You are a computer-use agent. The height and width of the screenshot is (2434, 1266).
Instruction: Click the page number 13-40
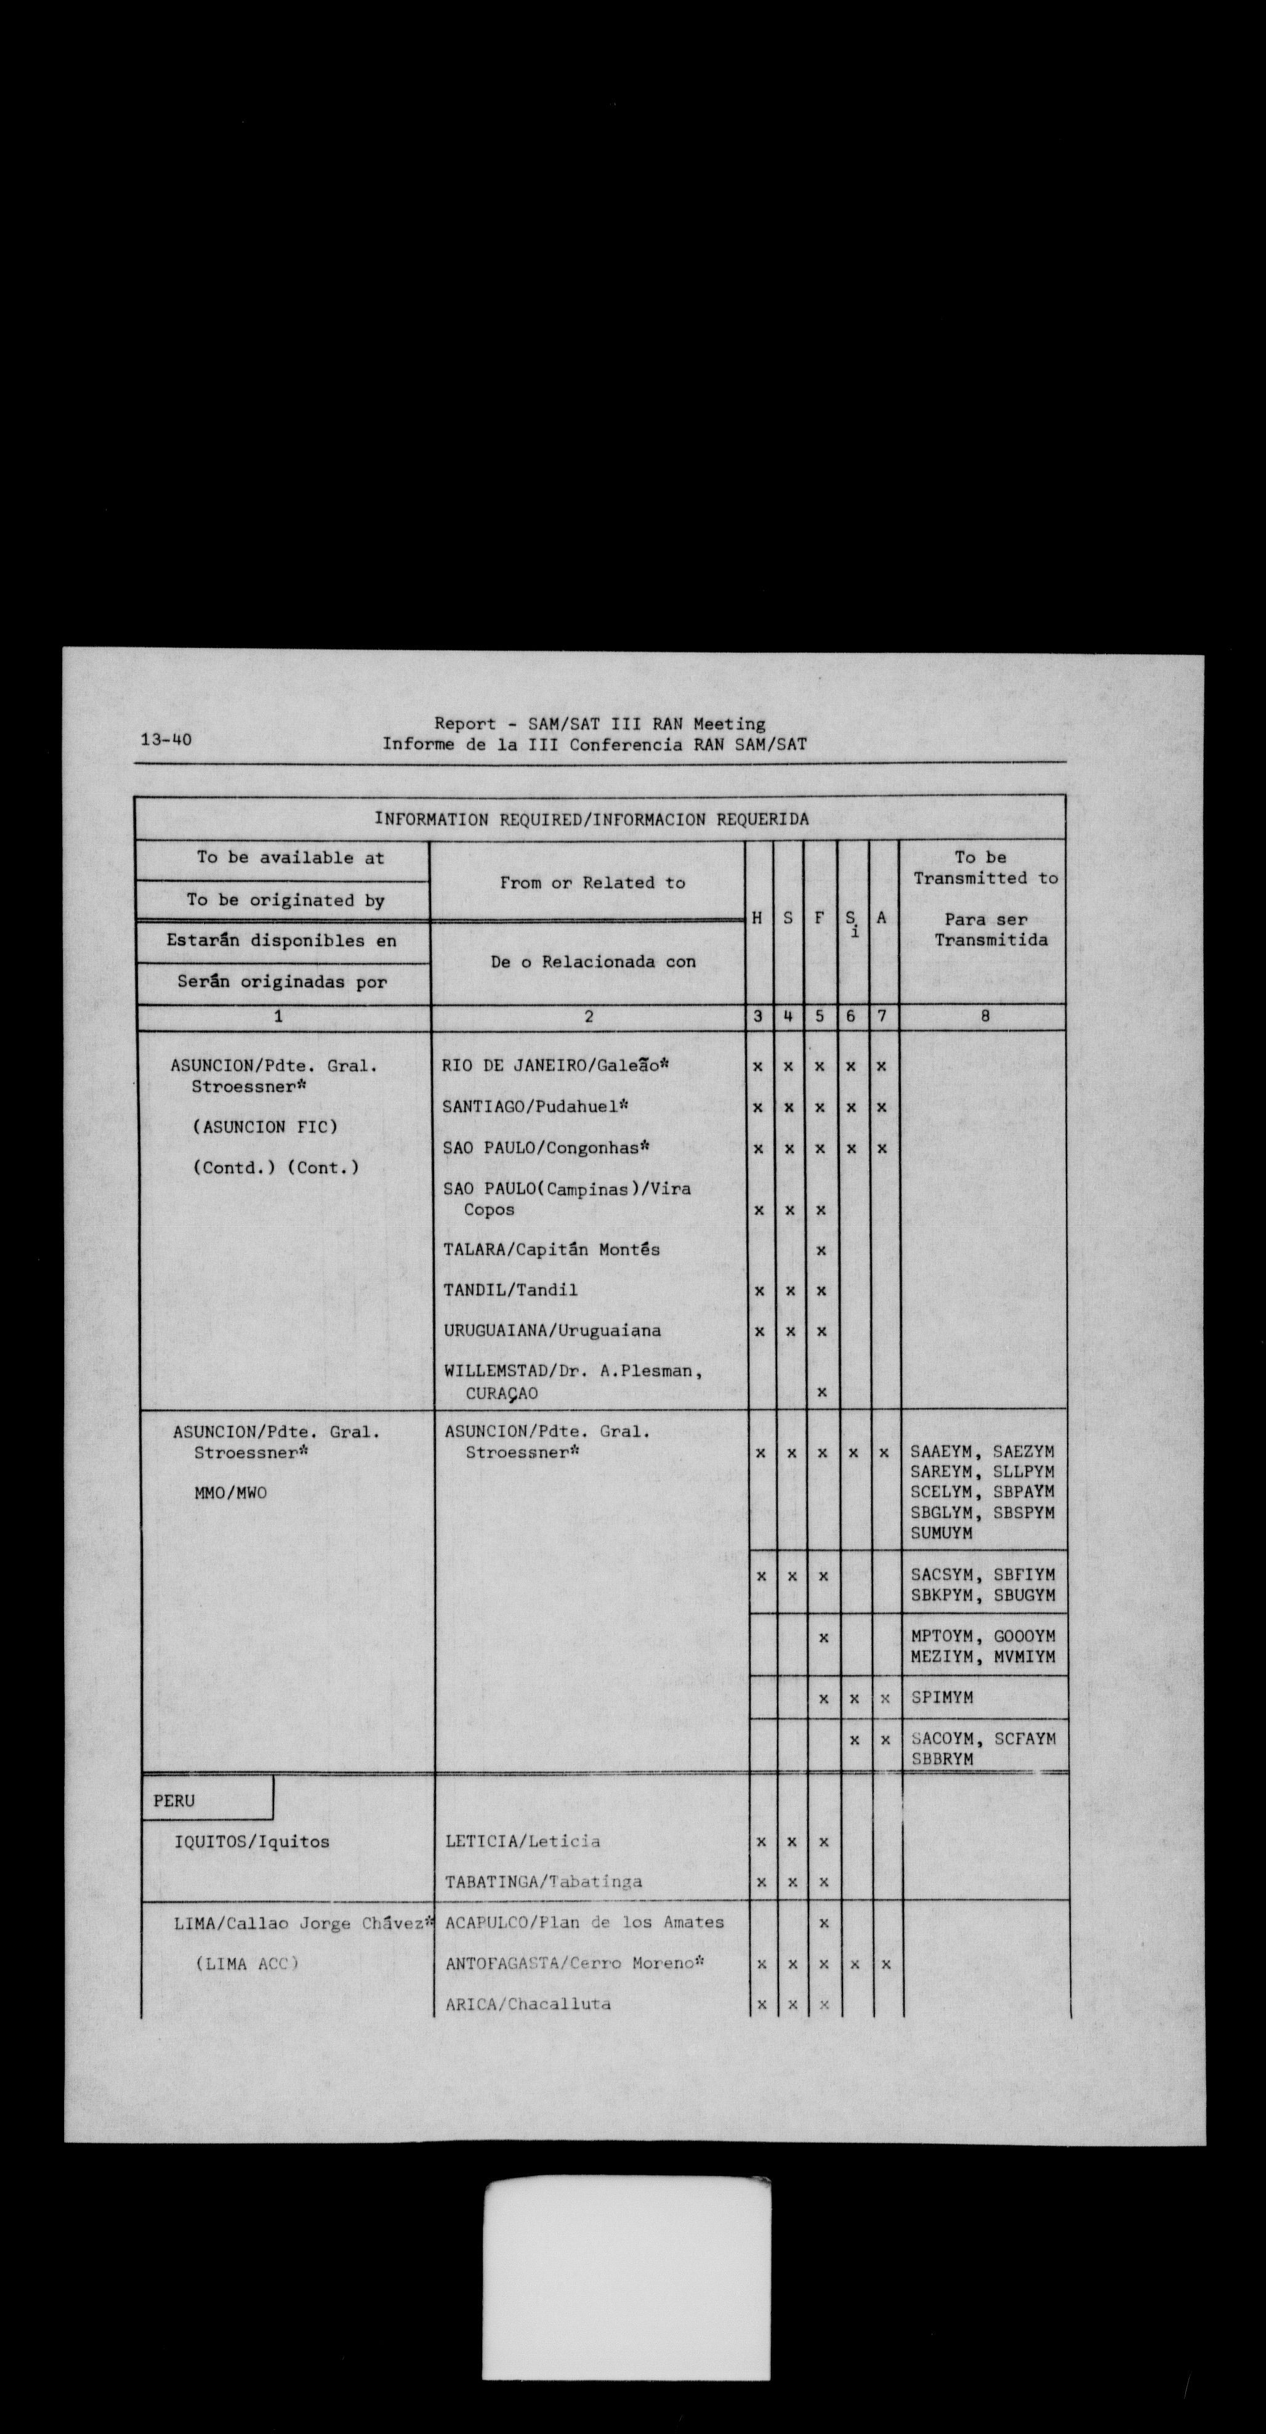point(166,740)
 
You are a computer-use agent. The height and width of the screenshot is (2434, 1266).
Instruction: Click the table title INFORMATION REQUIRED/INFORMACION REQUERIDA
point(591,819)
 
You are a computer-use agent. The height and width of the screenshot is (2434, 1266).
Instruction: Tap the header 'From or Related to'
point(592,883)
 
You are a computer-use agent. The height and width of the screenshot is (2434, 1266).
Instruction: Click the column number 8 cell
point(985,1017)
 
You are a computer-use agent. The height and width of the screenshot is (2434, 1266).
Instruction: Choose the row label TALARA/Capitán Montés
point(552,1249)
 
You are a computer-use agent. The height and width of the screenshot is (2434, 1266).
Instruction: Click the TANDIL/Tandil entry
point(510,1290)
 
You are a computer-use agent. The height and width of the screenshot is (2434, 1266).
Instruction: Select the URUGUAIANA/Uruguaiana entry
point(552,1330)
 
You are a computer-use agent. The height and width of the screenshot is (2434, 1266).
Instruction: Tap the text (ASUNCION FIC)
point(265,1127)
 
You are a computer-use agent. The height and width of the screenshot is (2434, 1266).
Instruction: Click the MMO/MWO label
point(230,1493)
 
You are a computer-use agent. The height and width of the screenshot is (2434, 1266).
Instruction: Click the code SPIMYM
point(942,1698)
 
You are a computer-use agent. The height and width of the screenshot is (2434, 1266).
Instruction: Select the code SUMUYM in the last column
point(942,1534)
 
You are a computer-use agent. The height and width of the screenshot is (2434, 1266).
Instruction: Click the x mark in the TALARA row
point(821,1250)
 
